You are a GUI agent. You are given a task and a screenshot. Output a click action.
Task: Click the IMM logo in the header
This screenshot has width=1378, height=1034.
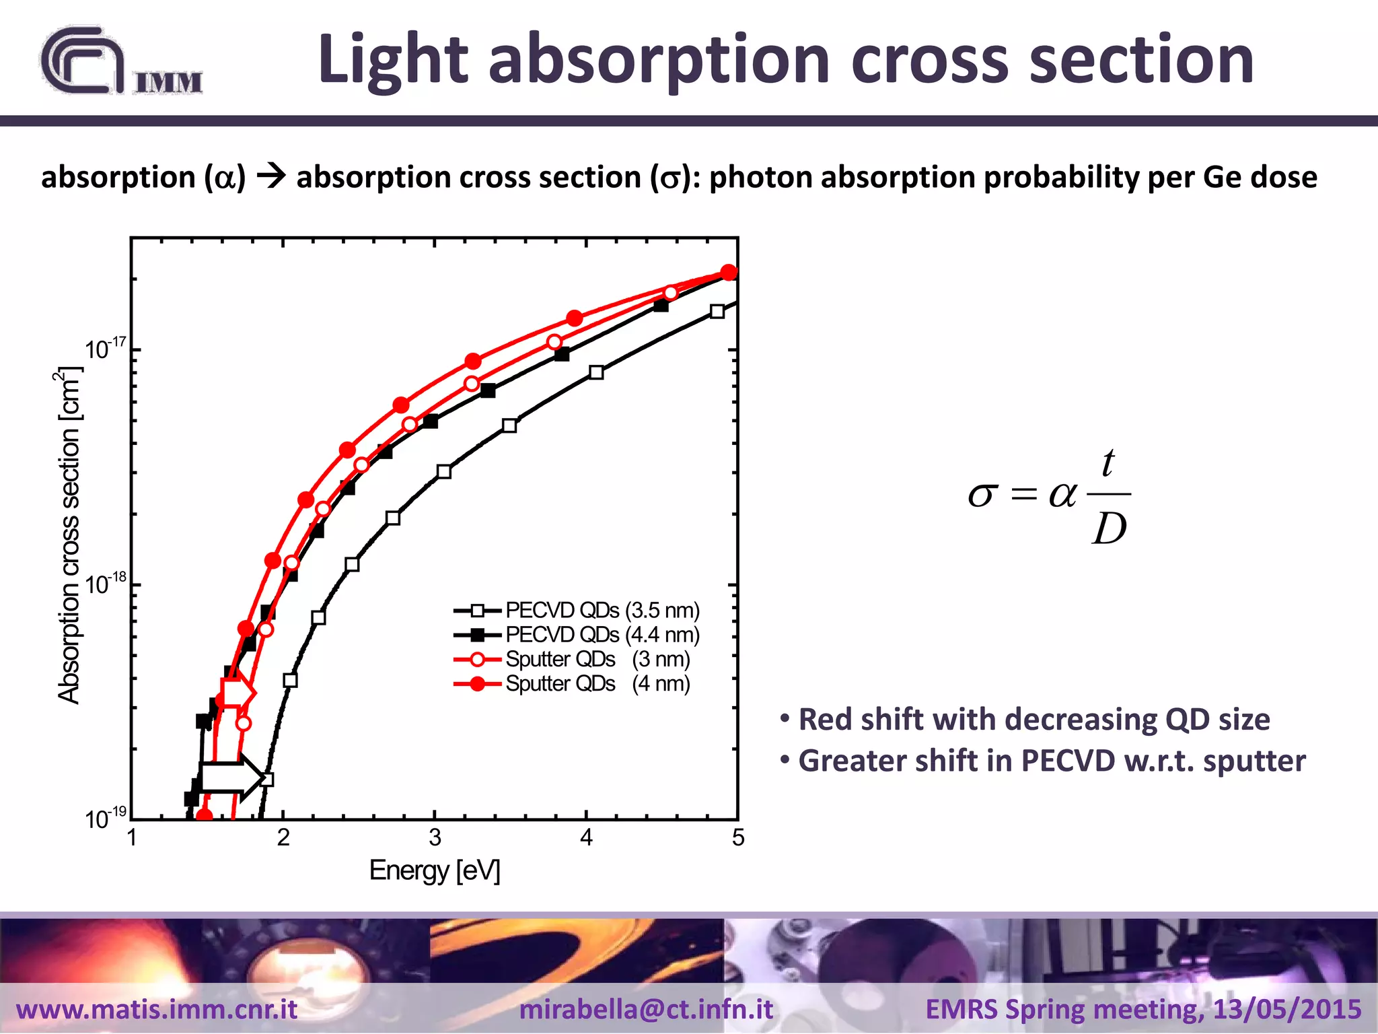click(121, 62)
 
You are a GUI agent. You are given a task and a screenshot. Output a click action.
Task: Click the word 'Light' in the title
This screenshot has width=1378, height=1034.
click(392, 61)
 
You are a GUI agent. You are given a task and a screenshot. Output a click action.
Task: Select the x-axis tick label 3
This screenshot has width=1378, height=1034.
click(435, 838)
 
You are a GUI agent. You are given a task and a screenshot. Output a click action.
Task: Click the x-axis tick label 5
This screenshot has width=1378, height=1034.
click(738, 838)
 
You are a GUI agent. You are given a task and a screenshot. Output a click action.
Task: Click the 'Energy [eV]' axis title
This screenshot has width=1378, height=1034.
click(435, 870)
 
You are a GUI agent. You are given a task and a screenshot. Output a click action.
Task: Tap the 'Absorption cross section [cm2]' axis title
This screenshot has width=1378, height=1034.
click(69, 535)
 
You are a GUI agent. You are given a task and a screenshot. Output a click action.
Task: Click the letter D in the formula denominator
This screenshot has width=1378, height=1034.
click(1109, 529)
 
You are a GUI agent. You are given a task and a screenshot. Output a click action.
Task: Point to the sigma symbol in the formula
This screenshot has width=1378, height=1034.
click(981, 495)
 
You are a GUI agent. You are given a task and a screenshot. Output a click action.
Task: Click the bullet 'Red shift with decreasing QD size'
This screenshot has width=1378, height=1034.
click(1033, 719)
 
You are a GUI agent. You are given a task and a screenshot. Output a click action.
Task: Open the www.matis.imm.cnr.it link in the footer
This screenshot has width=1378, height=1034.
click(157, 1009)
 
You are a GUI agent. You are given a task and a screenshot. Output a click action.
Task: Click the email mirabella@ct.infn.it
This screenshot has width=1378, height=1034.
click(646, 1009)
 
